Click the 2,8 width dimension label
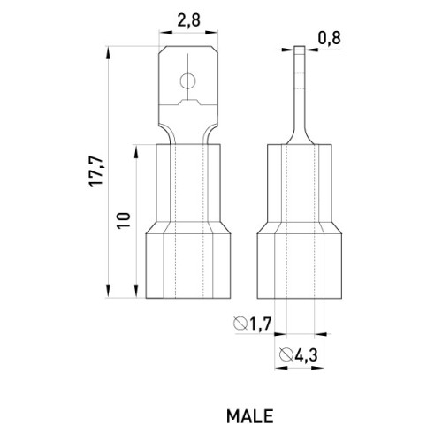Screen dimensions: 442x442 tap(188, 20)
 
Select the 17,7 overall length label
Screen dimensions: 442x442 tap(96, 171)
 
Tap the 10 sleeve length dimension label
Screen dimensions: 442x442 tap(124, 220)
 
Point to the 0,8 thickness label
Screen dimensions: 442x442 tap(329, 38)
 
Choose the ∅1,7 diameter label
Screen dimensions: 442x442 tap(252, 324)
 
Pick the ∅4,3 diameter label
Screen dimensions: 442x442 tap(299, 354)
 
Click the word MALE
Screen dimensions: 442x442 tap(250, 416)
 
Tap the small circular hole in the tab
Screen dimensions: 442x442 tap(187, 80)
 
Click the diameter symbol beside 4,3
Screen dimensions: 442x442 tap(286, 354)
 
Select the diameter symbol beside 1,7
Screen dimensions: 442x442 tap(240, 324)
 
